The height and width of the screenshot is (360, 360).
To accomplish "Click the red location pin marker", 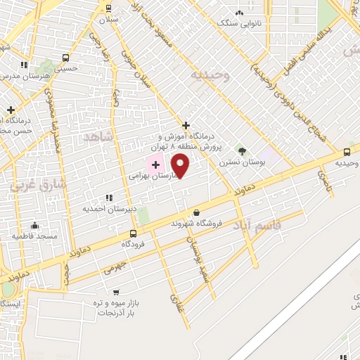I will (181, 166).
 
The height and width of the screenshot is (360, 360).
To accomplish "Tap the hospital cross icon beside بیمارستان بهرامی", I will (155, 165).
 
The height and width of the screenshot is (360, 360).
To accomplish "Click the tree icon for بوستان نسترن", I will (243, 150).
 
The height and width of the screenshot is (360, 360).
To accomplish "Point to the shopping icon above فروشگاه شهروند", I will (196, 212).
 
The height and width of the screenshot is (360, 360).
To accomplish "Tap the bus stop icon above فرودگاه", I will (133, 233).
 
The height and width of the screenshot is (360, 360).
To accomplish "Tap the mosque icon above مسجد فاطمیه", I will (34, 225).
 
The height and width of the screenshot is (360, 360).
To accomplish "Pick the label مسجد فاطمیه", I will (34, 236).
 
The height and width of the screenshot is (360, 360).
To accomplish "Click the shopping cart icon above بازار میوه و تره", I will (116, 292).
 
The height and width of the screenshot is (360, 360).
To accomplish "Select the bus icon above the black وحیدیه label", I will (347, 152).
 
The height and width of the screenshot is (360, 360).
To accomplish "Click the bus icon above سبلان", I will (108, 8).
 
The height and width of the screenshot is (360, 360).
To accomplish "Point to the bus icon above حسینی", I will (65, 58).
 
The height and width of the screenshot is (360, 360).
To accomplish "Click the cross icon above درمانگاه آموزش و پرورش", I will (186, 124).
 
